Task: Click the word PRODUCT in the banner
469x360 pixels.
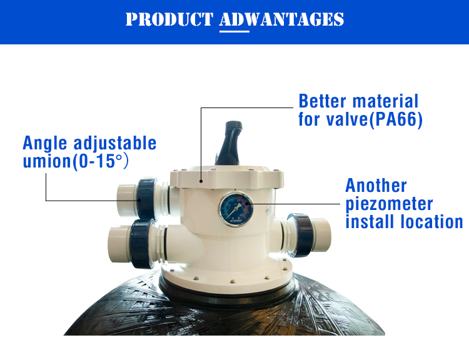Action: tap(169, 19)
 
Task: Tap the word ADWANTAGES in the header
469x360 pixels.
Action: tap(282, 19)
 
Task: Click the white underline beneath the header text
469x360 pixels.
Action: tap(234, 31)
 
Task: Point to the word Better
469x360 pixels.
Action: tap(323, 101)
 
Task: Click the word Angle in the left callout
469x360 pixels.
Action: tap(44, 144)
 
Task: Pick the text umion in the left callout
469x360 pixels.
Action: tap(47, 161)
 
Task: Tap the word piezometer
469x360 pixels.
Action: tap(389, 204)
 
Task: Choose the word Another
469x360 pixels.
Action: tap(376, 186)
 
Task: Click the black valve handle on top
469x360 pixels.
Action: tap(229, 143)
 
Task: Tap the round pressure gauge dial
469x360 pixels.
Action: tap(236, 209)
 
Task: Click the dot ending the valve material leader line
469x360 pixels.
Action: tap(201, 181)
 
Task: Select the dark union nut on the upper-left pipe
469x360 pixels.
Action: tap(147, 199)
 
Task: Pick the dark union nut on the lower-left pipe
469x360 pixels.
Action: tap(142, 243)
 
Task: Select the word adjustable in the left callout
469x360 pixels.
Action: tap(115, 144)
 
